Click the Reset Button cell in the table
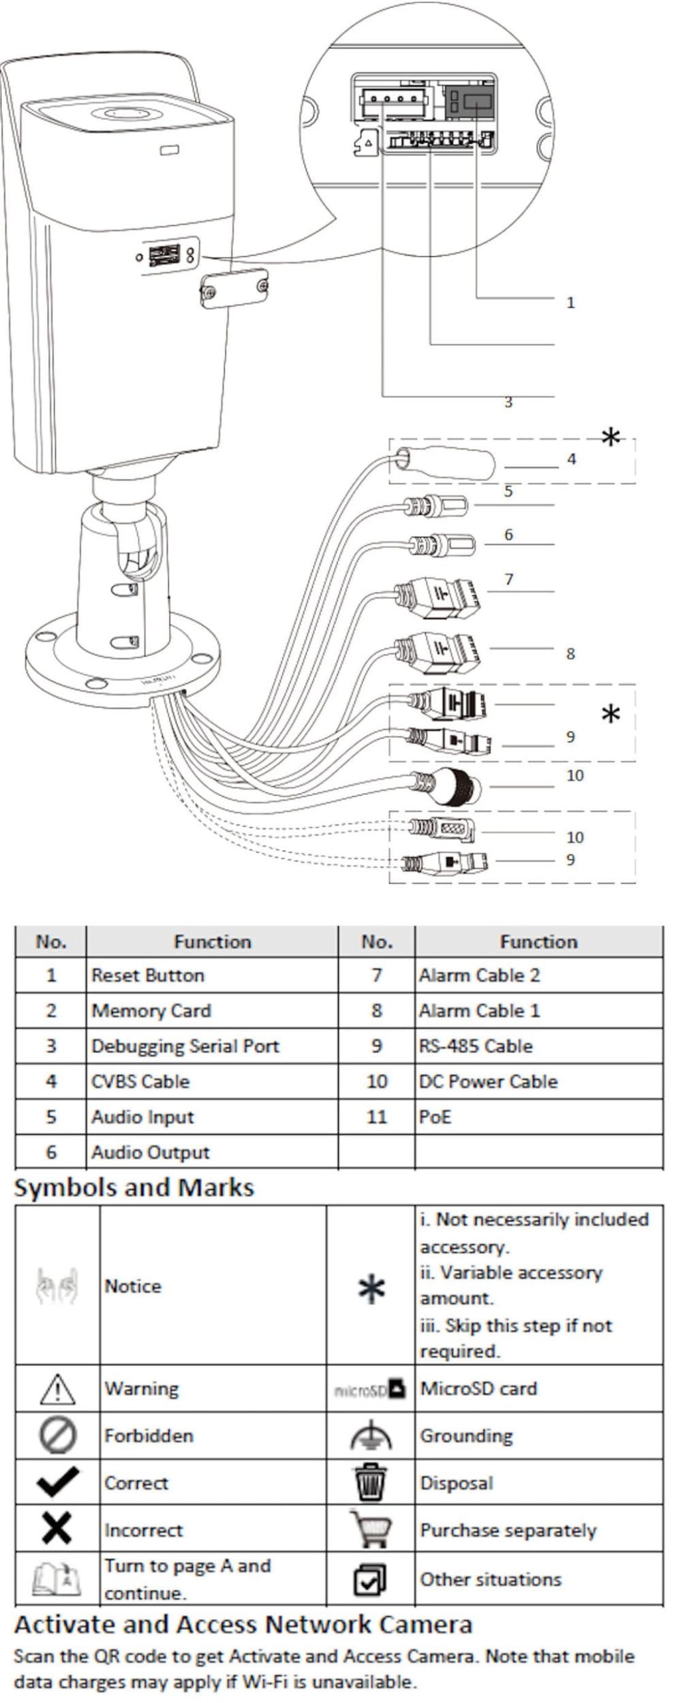click(x=147, y=975)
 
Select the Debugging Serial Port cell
click(x=185, y=1046)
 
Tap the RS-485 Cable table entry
click(x=476, y=1046)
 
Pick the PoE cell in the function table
click(x=435, y=1116)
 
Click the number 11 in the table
click(x=376, y=1116)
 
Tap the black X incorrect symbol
click(x=57, y=1529)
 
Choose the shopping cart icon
click(x=370, y=1529)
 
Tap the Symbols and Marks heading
click(x=134, y=1188)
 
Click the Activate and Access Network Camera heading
click(x=243, y=1625)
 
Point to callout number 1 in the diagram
click(x=570, y=302)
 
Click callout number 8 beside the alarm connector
click(x=570, y=654)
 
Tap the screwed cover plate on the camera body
click(x=233, y=288)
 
